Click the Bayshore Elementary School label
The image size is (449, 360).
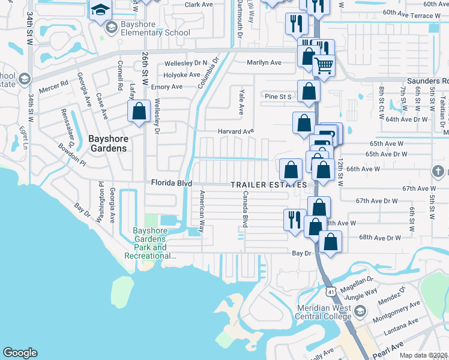(x=148, y=28)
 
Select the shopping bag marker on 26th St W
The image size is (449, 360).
(x=139, y=112)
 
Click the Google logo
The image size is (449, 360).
(x=20, y=352)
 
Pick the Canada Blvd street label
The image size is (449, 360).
(x=245, y=209)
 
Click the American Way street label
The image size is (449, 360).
(x=202, y=211)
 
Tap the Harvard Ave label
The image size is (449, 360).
(x=236, y=131)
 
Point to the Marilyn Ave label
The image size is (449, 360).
(x=264, y=62)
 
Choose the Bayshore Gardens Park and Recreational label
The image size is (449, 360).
(x=149, y=243)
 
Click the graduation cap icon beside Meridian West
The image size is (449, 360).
(x=360, y=311)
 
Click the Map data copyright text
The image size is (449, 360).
(x=424, y=355)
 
